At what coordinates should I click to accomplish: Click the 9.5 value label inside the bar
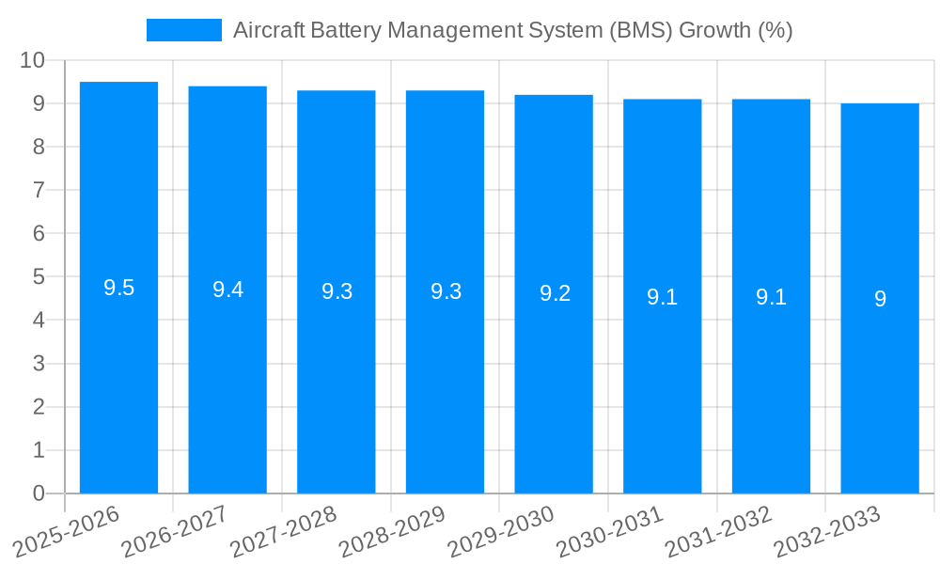click(x=118, y=289)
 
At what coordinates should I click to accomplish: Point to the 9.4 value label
click(x=227, y=290)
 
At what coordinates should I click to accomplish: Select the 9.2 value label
click(x=555, y=293)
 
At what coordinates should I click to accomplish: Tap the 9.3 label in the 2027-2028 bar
click(x=337, y=291)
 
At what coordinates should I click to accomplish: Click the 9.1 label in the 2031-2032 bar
click(x=771, y=297)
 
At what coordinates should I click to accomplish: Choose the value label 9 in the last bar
click(x=880, y=299)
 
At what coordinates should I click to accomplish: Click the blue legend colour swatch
click(x=184, y=30)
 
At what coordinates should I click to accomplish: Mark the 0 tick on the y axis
click(x=39, y=493)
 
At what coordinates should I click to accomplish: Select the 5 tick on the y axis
click(x=39, y=277)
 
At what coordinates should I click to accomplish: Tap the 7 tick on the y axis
click(x=39, y=190)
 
